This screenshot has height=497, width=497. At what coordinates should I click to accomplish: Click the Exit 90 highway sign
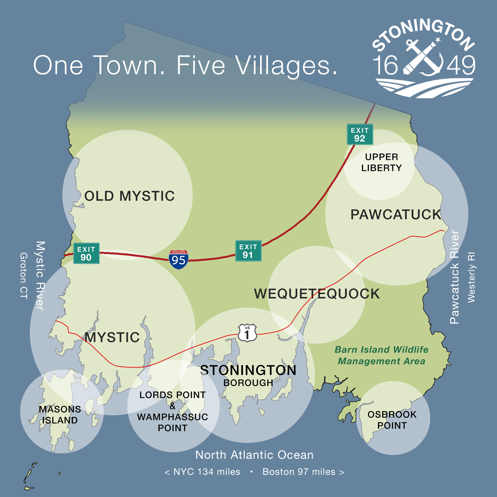[x=86, y=253]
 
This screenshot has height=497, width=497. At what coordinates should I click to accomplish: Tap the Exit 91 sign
[x=248, y=251]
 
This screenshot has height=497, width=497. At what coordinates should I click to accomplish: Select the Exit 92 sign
[x=360, y=134]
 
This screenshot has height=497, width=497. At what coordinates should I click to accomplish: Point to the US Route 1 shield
[x=247, y=333]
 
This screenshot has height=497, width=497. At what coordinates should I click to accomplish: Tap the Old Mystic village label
[x=129, y=196]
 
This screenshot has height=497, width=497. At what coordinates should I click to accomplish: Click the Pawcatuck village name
[x=396, y=215]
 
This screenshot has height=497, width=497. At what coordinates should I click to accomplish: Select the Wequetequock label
[x=317, y=294]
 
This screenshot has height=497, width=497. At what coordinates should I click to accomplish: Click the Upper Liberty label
[x=382, y=162]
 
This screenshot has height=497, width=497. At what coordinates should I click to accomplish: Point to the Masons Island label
[x=60, y=415]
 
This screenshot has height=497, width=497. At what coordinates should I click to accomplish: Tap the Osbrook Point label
[x=392, y=420]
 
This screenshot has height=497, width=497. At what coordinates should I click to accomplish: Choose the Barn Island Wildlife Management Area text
[x=382, y=355]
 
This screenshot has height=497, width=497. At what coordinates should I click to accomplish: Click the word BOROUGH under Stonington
[x=248, y=383]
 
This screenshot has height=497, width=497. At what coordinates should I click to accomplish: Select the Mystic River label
[x=40, y=276]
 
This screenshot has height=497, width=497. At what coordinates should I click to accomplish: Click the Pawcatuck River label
[x=454, y=277]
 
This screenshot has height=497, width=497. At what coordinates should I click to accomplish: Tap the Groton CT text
[x=24, y=276]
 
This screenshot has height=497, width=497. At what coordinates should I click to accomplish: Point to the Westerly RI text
[x=471, y=277]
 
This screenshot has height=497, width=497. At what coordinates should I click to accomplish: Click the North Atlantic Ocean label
[x=254, y=455]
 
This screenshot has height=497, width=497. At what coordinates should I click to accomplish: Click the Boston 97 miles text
[x=299, y=472]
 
